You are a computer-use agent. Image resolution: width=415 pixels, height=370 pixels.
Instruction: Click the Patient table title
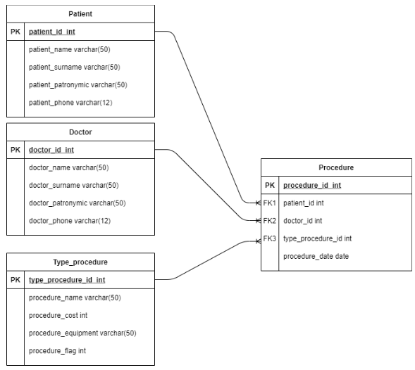pos(80,14)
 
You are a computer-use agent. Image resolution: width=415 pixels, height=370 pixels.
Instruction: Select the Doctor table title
pos(80,132)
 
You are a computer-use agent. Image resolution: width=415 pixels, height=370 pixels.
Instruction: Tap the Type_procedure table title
pos(80,262)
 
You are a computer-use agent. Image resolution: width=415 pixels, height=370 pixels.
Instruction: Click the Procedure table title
pos(336,168)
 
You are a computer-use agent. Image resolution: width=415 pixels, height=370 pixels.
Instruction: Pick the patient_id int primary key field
pos(51,32)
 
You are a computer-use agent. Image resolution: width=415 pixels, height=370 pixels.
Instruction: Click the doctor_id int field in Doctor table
pos(51,150)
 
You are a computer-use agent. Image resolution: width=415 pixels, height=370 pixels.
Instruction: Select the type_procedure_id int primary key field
pos(67,280)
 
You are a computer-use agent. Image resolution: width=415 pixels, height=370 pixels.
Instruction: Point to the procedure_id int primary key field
pos(312,186)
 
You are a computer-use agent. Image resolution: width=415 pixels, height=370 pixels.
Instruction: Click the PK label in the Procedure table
pos(270,186)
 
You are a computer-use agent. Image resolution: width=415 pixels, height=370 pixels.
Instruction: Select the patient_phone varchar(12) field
pos(70,103)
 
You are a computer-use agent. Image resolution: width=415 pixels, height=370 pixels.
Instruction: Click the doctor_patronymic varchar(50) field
pos(77,203)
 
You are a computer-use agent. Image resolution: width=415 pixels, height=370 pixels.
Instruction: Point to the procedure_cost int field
pos(58,316)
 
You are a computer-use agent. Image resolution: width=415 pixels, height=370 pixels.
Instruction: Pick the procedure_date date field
pos(316,257)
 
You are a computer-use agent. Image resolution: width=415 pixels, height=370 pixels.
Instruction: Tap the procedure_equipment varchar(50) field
pos(82,333)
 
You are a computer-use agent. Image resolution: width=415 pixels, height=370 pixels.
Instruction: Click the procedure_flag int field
pos(57,351)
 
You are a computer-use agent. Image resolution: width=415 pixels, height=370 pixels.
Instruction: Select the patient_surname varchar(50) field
pos(73,68)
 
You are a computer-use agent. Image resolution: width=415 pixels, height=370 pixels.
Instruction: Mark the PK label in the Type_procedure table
pos(16,280)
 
